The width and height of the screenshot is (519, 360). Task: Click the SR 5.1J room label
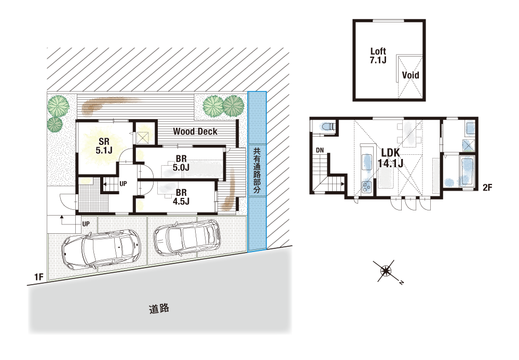click(x=104, y=146)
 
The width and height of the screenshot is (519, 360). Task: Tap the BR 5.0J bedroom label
click(x=181, y=163)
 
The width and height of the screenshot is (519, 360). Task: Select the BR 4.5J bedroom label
click(x=181, y=197)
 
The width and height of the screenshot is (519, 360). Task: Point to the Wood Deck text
click(x=195, y=131)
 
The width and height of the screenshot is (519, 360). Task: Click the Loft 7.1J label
click(x=378, y=56)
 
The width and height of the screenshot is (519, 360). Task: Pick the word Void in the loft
click(x=411, y=75)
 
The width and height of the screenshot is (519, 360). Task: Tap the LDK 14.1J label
click(x=391, y=158)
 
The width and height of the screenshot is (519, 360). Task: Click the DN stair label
click(x=320, y=150)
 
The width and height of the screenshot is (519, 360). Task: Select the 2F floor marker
click(x=487, y=188)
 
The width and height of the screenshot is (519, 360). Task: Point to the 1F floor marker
click(x=39, y=276)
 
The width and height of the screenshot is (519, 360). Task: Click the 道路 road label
click(x=159, y=309)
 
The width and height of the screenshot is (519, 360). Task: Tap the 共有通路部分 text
click(x=257, y=171)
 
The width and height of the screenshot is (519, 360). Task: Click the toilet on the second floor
click(x=328, y=127)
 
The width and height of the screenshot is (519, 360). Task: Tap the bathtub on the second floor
click(x=467, y=171)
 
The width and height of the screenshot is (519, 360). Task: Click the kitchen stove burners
click(x=366, y=188)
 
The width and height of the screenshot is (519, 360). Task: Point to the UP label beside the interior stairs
click(x=123, y=183)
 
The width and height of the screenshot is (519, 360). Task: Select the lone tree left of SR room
click(x=54, y=124)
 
